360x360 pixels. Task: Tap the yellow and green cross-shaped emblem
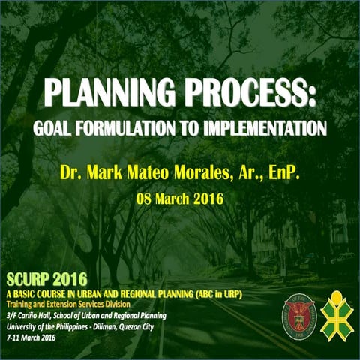[337, 313]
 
